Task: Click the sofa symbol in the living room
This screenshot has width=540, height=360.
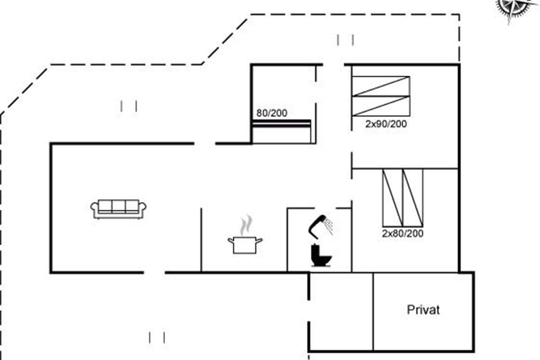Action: [x=118, y=209]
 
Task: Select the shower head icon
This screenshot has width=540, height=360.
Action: [x=318, y=225]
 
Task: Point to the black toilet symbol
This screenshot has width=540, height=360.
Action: [x=321, y=255]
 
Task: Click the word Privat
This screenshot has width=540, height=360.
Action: [x=423, y=310]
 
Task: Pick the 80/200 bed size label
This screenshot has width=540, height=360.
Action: [x=272, y=113]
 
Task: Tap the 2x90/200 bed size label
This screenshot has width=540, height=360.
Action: [x=386, y=124]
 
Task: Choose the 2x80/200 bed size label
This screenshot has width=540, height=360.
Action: [x=402, y=234]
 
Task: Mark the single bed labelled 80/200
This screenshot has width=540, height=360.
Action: [x=282, y=131]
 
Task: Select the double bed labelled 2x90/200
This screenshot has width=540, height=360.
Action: [x=381, y=96]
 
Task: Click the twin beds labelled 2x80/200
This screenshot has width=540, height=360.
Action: [x=402, y=198]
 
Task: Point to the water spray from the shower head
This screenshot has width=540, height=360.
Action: [x=330, y=226]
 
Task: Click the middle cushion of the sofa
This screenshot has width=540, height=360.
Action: [x=118, y=206]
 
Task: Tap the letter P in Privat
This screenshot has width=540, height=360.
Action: [x=410, y=310]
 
